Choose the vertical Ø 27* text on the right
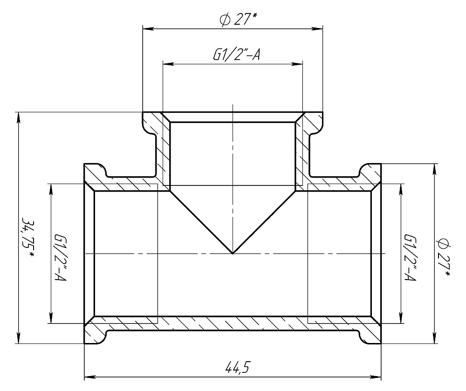444,257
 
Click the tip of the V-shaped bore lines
233,254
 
